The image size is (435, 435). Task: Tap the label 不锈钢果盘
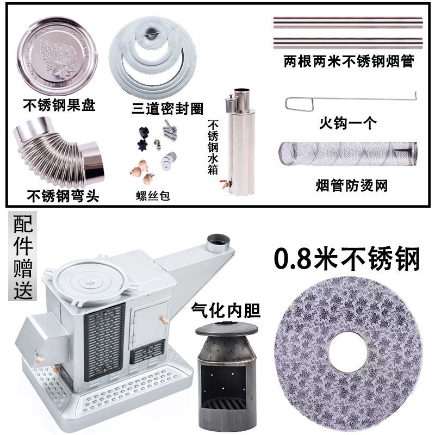[60, 104]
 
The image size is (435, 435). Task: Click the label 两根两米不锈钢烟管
[349, 61]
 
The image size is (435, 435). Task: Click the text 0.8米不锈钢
[348, 259]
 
